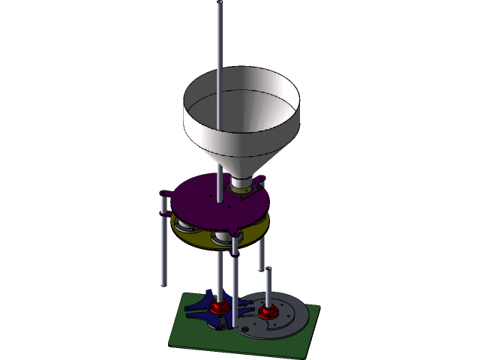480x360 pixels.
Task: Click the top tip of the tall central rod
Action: [220, 5]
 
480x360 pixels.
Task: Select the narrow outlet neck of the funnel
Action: [241, 182]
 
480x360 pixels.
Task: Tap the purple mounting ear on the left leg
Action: [165, 196]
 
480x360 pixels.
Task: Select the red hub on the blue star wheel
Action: [218, 307]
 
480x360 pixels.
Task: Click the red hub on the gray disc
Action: [267, 311]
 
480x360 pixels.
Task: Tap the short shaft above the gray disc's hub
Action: [268, 289]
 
